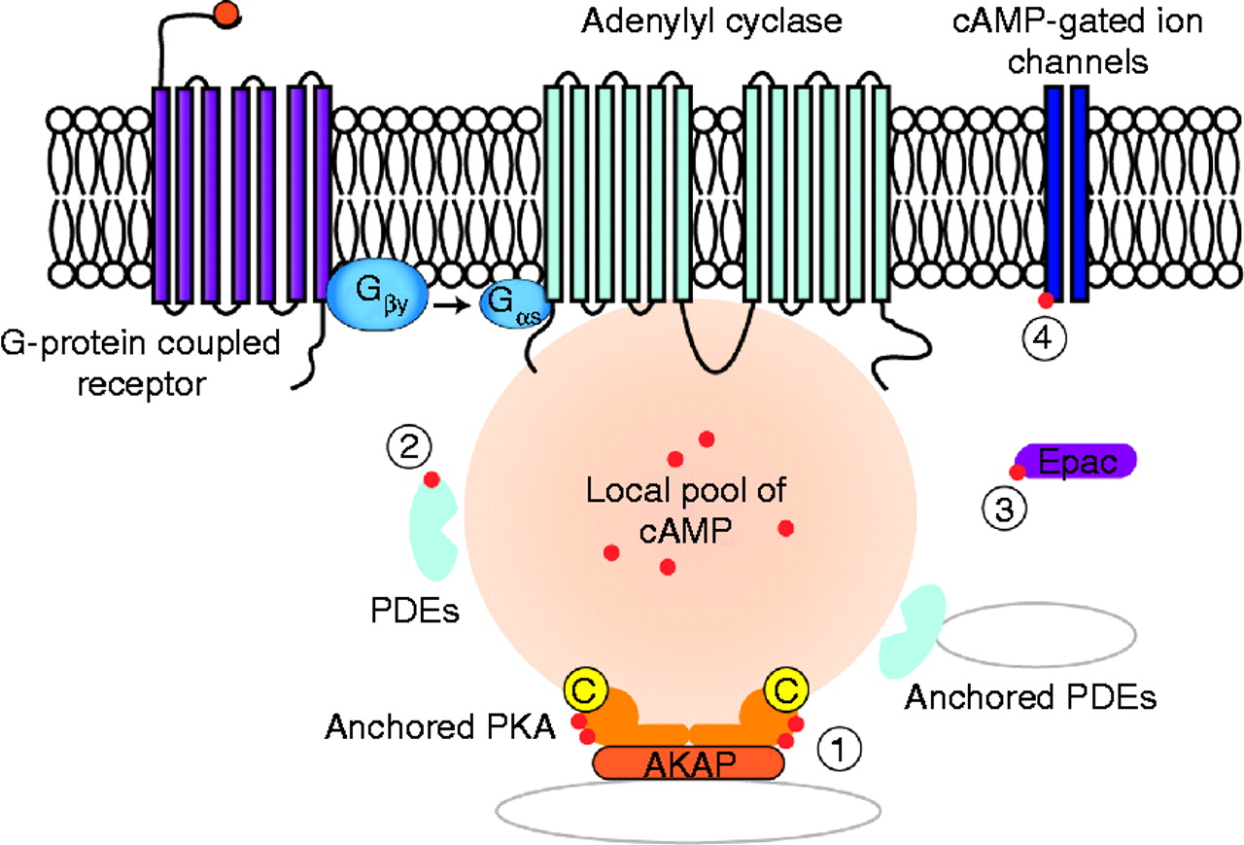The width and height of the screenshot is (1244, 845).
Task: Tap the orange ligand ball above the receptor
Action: pyautogui.click(x=226, y=13)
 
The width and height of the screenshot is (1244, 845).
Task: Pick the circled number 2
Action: pyautogui.click(x=405, y=447)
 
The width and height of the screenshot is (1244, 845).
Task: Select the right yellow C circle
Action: pyautogui.click(x=787, y=690)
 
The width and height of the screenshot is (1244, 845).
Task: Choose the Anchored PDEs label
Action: pyautogui.click(x=1031, y=697)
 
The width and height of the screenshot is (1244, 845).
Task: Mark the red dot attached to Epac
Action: pyautogui.click(x=1018, y=472)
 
